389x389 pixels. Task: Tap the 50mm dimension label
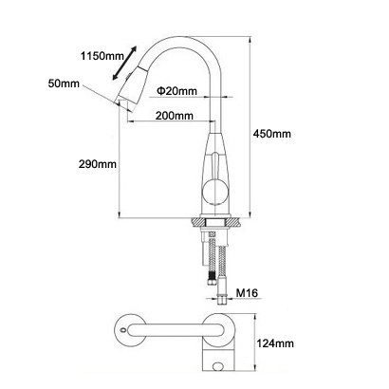pos(64,83)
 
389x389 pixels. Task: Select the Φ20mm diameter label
pos(176,91)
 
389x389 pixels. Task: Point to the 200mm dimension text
pos(174,116)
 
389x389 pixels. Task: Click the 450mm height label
pos(272,134)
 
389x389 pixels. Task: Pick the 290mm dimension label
pos(98,164)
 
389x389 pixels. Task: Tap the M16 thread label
pos(247,293)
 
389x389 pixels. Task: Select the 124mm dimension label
pos(274,343)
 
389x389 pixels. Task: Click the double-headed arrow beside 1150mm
pos(124,63)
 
